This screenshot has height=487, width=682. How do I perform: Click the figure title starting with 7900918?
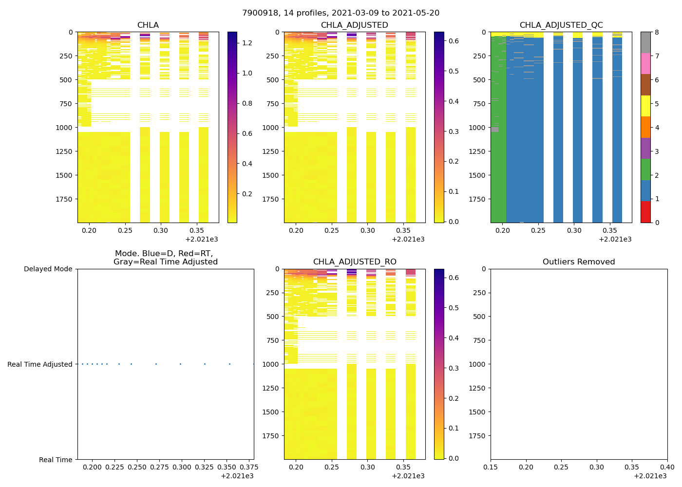[x=341, y=13]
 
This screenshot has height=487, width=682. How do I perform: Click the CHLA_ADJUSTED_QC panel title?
[x=561, y=25]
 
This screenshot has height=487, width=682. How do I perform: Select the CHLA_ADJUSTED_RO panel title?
[x=355, y=262]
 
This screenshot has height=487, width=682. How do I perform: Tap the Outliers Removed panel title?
[x=579, y=262]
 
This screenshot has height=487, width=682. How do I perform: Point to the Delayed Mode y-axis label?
[x=48, y=269]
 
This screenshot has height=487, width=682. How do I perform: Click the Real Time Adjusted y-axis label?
[x=40, y=364]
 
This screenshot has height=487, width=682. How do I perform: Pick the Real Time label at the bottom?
[x=56, y=460]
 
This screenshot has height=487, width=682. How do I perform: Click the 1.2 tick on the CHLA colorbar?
[x=247, y=43]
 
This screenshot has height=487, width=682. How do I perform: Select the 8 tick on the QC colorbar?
[x=657, y=32]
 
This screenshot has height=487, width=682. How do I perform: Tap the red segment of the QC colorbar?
[x=645, y=212]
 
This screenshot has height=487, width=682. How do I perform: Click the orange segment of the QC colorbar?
[x=645, y=127]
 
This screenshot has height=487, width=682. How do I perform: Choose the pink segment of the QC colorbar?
[x=645, y=64]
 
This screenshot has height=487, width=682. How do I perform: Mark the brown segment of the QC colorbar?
[x=645, y=85]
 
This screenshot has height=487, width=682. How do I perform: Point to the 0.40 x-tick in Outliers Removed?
[x=667, y=467]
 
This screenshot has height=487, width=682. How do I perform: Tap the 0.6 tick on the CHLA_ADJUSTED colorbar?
[x=454, y=41]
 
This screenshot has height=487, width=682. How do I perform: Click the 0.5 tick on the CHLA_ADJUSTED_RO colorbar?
[x=454, y=308]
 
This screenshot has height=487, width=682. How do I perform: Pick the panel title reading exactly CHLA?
[x=148, y=25]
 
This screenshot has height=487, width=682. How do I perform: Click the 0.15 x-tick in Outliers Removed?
[x=491, y=467]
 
